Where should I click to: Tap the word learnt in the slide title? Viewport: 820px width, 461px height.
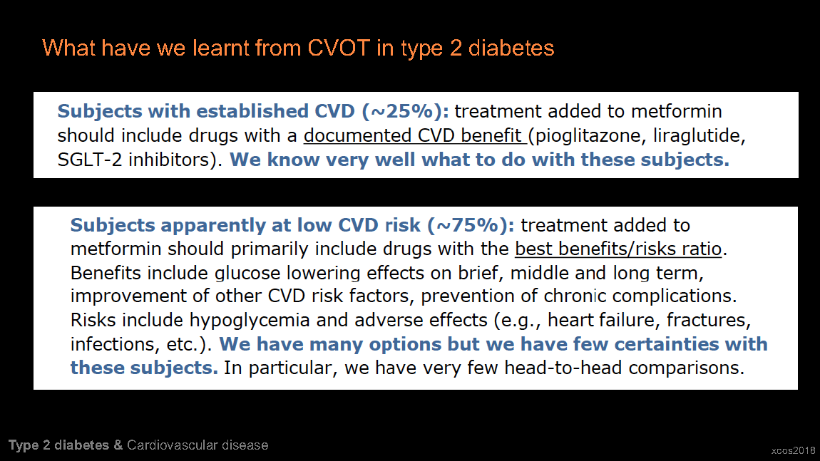(x=220, y=48)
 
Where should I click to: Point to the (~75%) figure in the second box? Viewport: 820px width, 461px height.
(x=471, y=225)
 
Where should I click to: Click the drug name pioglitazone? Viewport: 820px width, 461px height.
(x=583, y=136)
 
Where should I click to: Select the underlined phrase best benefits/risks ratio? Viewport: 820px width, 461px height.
(x=618, y=249)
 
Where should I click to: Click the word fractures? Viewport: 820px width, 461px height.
(x=709, y=320)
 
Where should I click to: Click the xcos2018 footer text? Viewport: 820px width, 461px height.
(x=793, y=450)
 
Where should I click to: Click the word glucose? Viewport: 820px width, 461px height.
(x=247, y=274)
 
